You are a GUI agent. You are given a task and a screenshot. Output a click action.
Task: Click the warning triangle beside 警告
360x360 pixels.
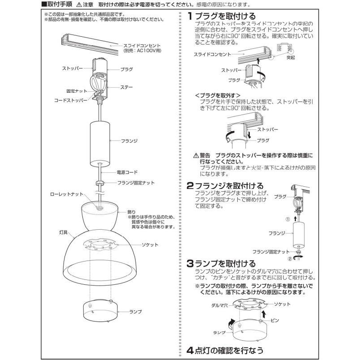[x=196, y=155]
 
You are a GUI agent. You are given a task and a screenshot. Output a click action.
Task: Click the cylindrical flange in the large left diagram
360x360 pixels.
[x=99, y=142]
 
